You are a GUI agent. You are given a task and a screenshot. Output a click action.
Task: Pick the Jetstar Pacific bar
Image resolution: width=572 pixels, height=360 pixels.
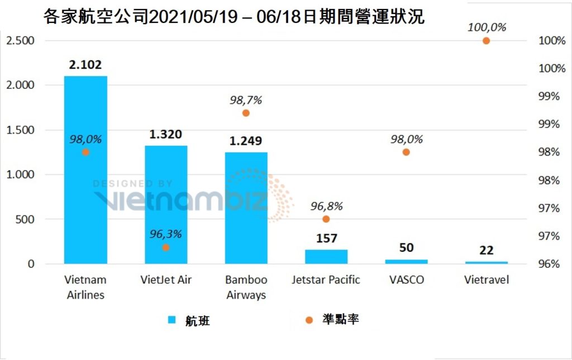coord(326,257)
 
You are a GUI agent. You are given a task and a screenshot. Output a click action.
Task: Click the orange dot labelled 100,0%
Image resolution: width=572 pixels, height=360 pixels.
coord(486,41)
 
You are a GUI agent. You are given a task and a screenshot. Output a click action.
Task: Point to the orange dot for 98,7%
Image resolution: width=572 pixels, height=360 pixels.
coord(246,113)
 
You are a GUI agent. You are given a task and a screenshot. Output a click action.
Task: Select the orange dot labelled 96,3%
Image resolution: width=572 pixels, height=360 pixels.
coord(166,247)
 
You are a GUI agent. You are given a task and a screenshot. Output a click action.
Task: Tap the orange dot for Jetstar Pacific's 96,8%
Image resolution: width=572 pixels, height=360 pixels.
coord(326,219)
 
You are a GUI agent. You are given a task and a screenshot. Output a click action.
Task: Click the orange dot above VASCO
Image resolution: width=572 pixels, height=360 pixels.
coord(406,152)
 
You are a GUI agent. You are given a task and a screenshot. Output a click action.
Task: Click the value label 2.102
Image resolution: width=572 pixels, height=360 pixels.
coord(85,65)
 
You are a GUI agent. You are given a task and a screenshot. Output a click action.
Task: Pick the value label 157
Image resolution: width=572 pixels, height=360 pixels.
coord(326,239)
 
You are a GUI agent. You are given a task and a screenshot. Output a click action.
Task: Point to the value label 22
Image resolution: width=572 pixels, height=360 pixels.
coord(486,250)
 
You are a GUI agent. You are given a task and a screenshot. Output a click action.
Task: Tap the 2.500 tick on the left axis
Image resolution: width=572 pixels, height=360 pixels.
coord(20,41)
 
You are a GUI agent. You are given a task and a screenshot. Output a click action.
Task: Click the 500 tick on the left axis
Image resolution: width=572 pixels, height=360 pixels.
coord(25,219)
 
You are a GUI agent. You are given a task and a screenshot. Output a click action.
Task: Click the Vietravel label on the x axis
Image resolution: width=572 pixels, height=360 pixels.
coord(486,280)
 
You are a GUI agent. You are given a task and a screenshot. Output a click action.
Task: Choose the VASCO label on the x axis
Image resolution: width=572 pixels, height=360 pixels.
coord(406,280)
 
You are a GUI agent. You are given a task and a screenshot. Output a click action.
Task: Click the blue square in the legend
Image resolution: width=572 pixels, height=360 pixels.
coord(173,320)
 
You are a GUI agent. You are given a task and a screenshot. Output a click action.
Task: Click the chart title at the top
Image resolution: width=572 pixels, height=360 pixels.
coord(233,16)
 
